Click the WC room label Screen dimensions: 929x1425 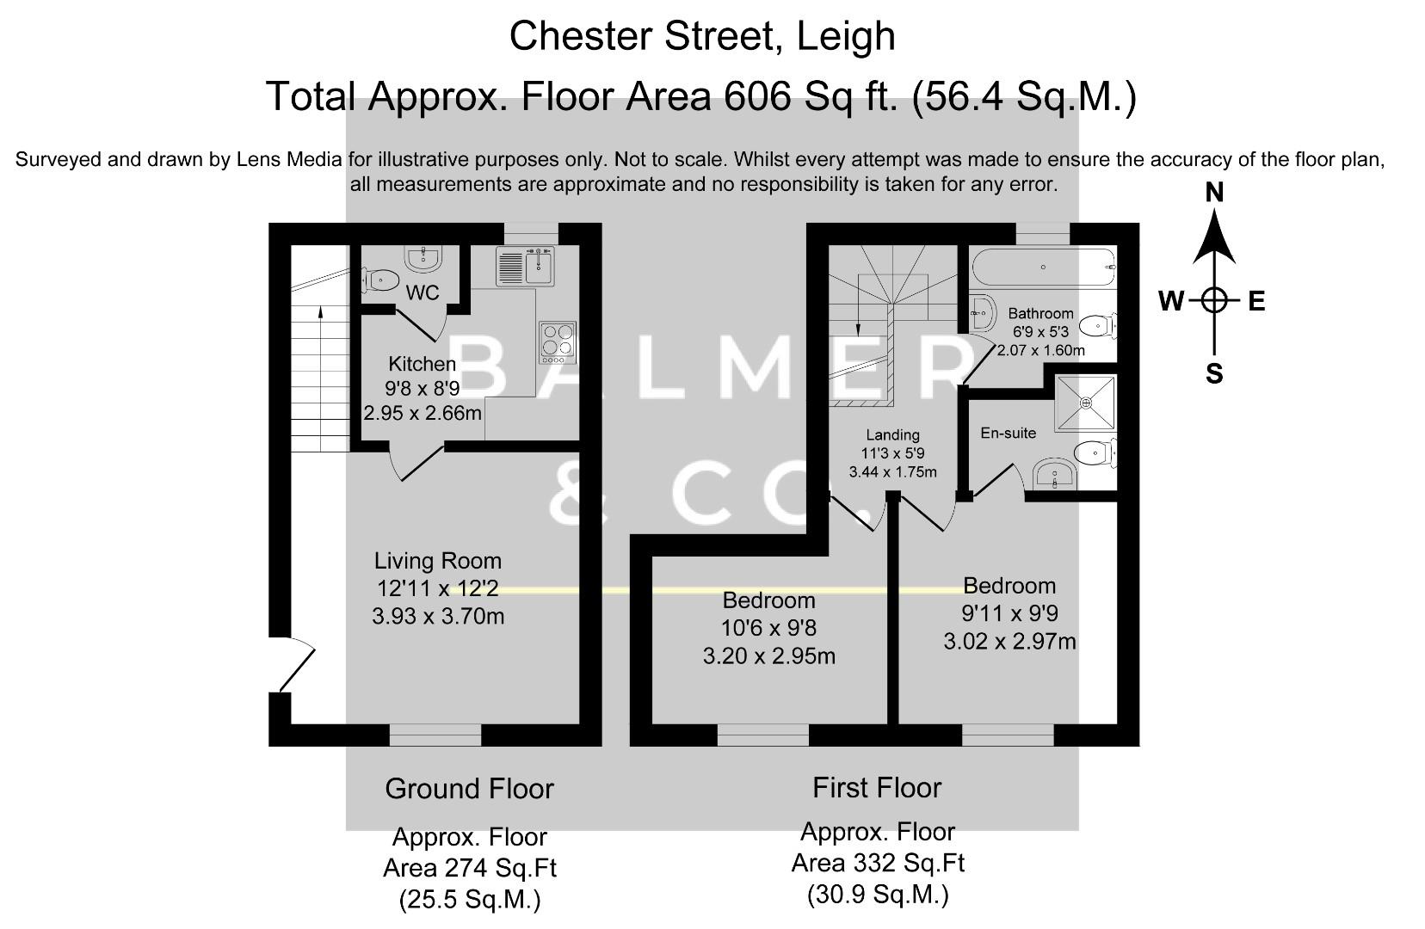click(422, 293)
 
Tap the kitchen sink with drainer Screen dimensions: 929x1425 click(524, 266)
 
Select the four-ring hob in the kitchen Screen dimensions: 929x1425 click(558, 339)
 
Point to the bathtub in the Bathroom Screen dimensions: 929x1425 click(1043, 267)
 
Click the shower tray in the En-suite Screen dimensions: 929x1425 click(1086, 402)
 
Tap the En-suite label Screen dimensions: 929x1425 click(1008, 433)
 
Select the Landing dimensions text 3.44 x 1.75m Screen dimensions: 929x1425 click(892, 472)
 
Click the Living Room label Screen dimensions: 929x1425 click(437, 561)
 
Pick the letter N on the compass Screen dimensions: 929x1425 click(1214, 192)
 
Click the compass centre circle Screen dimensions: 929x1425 click(1214, 300)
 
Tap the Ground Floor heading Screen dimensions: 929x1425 click(469, 788)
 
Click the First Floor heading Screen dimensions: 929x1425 click(877, 787)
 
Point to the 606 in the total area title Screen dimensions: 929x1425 click(757, 95)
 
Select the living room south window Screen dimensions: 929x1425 click(435, 735)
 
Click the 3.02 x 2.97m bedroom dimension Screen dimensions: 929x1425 click(1009, 642)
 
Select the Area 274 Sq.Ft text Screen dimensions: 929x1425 click(469, 868)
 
